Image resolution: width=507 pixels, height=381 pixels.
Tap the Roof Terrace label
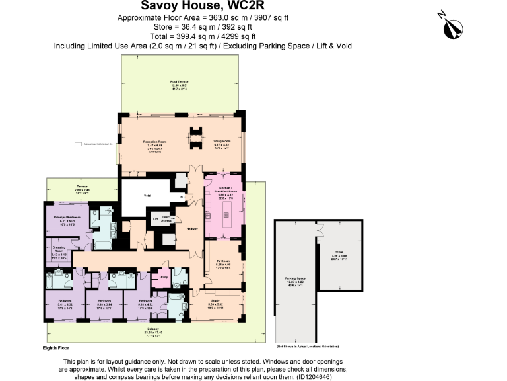[180, 82]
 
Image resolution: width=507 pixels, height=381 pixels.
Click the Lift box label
[155, 218]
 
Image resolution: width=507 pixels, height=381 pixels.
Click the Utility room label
[163, 277]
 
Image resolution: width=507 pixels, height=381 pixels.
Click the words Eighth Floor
[55, 347]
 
